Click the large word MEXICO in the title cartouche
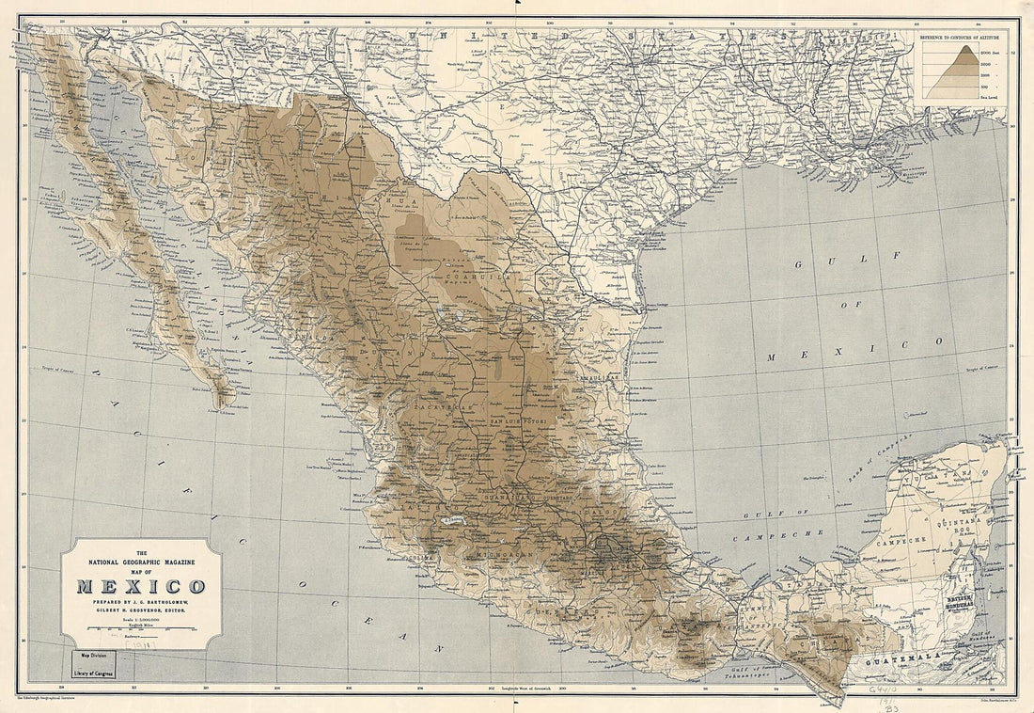coord(141,587)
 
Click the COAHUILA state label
coord(480,278)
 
